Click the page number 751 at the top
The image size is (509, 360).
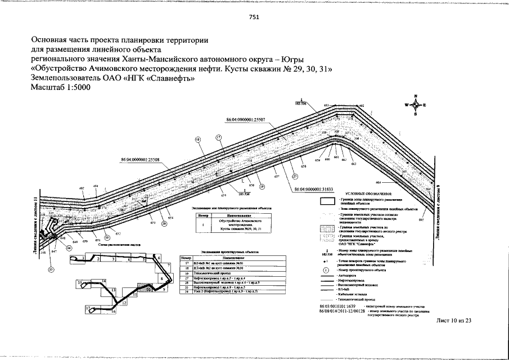click(x=254, y=17)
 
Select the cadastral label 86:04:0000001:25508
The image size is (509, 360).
click(x=140, y=160)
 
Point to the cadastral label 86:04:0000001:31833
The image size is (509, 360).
click(x=314, y=190)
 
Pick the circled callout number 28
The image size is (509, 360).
click(x=164, y=223)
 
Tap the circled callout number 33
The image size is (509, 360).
click(x=51, y=270)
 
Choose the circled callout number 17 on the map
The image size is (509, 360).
click(x=218, y=137)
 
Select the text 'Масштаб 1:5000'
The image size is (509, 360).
click(x=60, y=88)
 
